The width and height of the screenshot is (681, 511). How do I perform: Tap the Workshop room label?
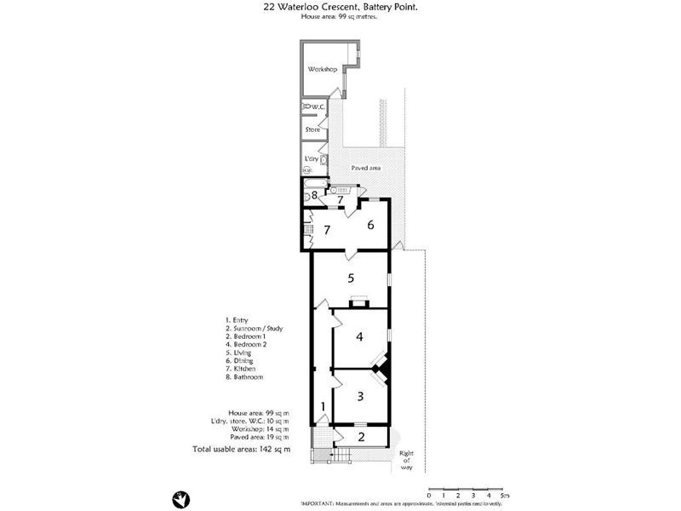tap(323, 69)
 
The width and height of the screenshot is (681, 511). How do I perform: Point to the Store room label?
tap(312, 129)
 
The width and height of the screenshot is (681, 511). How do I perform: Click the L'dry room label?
tap(311, 159)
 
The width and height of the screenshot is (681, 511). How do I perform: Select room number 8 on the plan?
tap(313, 196)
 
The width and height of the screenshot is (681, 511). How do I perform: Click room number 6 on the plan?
tap(370, 225)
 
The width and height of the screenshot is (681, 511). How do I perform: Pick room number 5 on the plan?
tap(350, 278)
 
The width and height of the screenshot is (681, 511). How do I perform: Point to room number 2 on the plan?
tap(360, 438)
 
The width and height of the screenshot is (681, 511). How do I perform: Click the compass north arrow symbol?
tap(181, 498)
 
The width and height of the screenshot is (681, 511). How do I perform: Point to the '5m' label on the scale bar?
tap(505, 495)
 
